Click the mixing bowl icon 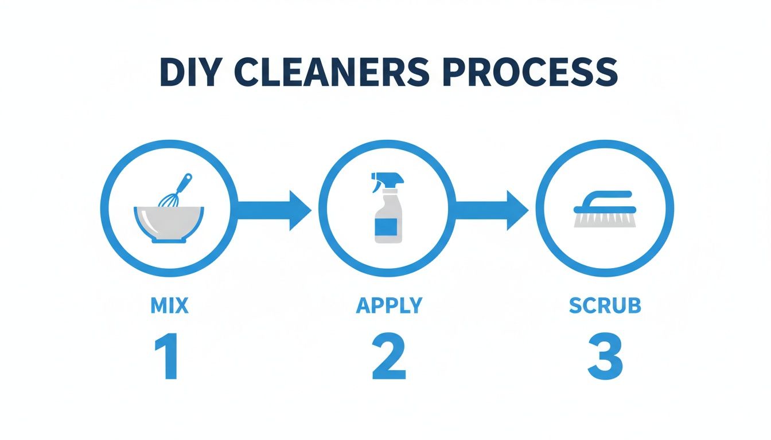[x=169, y=221]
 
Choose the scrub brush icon [x=604, y=210]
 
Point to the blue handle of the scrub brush [x=606, y=198]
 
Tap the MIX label [x=169, y=306]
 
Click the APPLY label [x=388, y=306]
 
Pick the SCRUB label [x=605, y=306]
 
